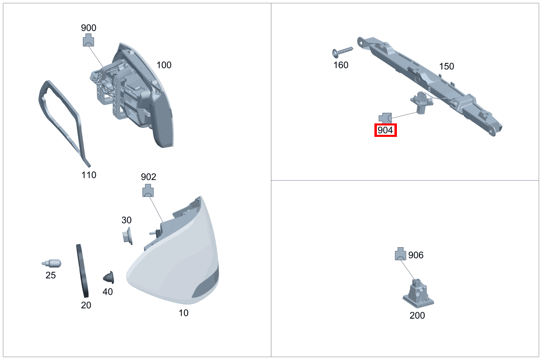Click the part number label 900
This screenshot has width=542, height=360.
89,28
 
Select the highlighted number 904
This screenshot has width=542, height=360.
385,130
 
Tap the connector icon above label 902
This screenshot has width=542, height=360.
148,191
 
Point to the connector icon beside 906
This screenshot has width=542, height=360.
400,254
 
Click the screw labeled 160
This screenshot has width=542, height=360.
342,51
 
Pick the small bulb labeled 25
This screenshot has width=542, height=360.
52,263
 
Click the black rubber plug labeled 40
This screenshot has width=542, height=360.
109,277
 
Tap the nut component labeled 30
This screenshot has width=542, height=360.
126,236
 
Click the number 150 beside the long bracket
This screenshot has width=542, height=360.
446,66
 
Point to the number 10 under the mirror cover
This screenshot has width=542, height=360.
184,313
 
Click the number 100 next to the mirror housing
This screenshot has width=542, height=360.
164,65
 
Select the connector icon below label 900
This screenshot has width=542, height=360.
89,40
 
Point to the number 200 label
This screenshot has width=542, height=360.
417,315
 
